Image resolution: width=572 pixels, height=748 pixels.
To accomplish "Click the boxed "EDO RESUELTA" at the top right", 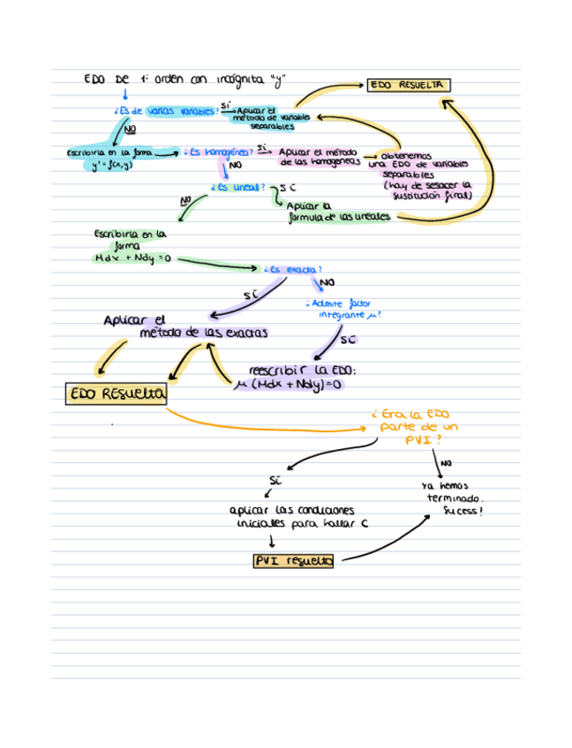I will click(x=409, y=86).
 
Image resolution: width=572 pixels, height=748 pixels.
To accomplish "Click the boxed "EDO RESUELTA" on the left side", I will click(x=116, y=394).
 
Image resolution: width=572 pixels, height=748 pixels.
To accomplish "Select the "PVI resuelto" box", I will click(x=293, y=561).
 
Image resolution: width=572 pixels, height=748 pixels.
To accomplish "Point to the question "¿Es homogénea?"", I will click(x=217, y=152).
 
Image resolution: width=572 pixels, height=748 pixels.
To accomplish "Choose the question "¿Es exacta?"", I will click(x=292, y=268).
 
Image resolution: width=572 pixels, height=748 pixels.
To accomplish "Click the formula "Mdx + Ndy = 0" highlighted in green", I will click(x=132, y=258).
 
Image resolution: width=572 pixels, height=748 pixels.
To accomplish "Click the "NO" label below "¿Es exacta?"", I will click(x=327, y=282).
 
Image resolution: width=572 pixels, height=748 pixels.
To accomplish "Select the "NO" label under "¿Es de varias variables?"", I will click(x=131, y=130).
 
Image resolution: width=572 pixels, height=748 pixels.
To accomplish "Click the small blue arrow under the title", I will click(x=124, y=93).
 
